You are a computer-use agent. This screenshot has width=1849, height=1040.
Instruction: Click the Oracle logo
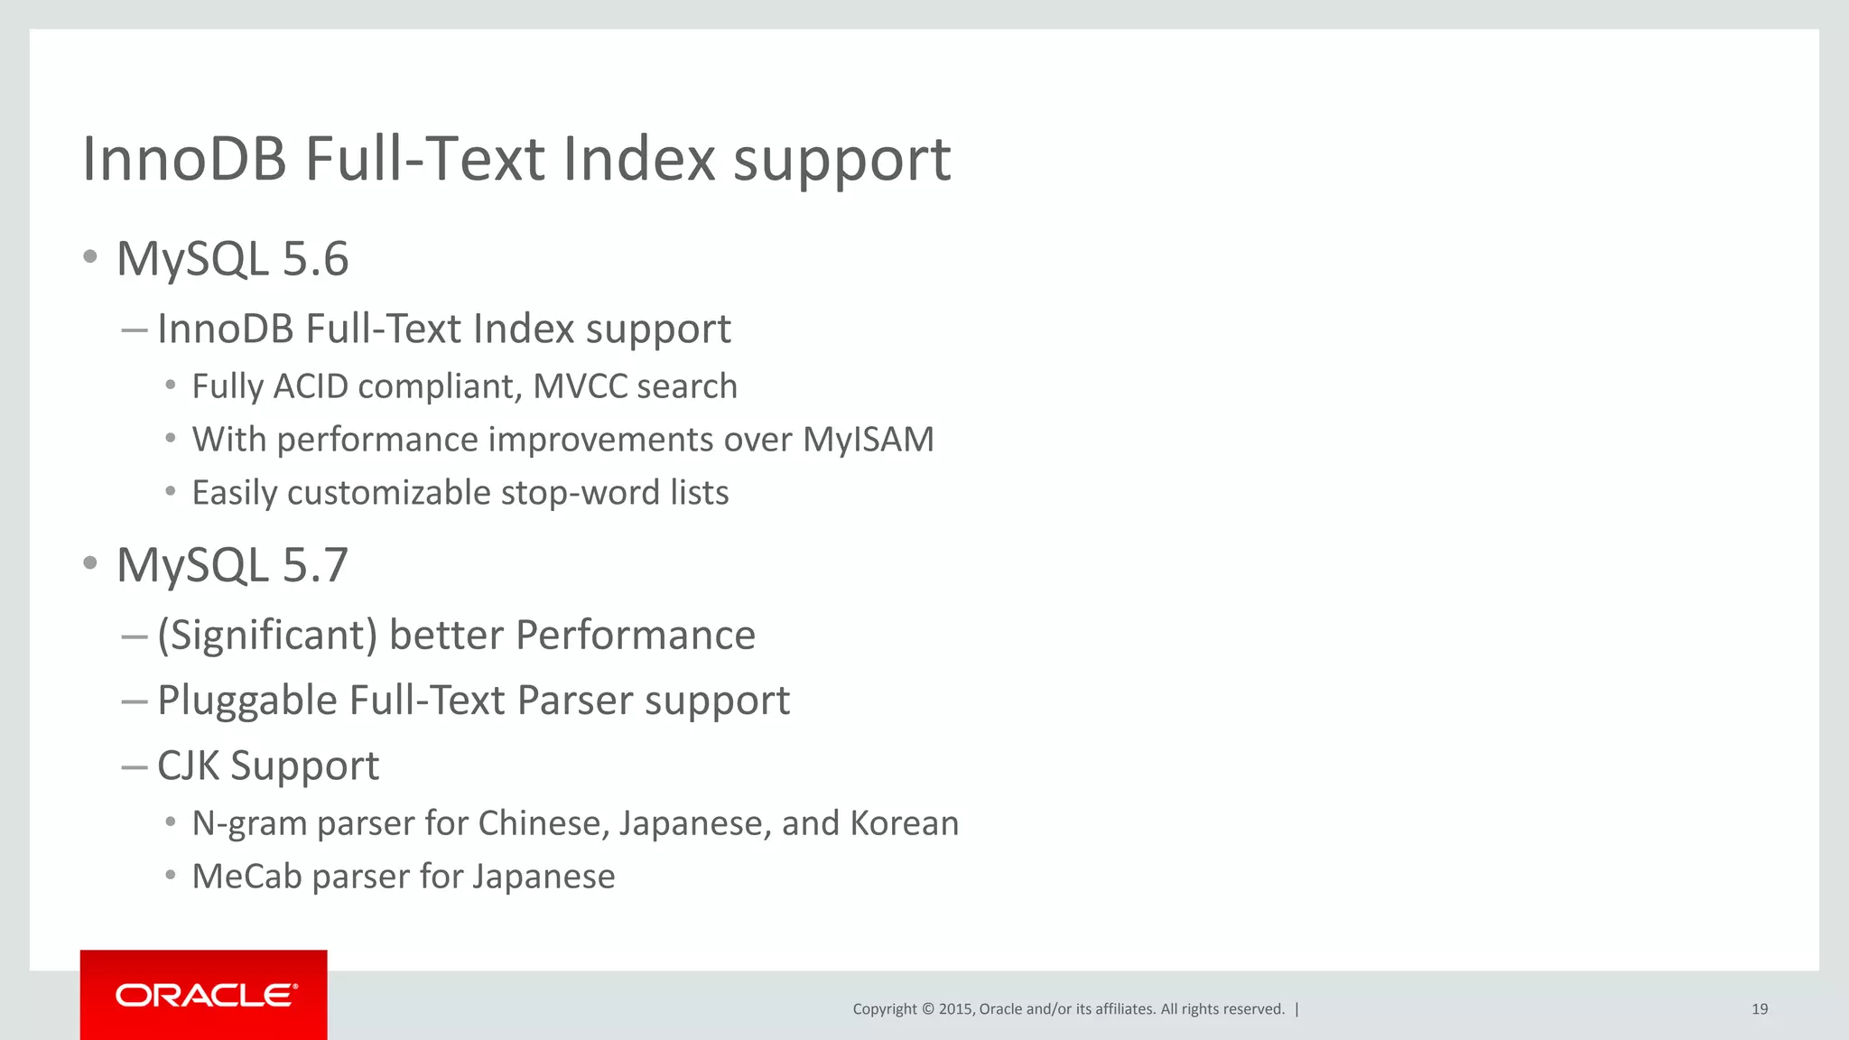tap(206, 995)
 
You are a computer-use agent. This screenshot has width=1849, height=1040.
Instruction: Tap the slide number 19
tap(1759, 1009)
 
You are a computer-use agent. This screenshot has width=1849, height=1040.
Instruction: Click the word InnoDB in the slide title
tap(184, 160)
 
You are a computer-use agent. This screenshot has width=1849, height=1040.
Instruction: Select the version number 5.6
tap(315, 259)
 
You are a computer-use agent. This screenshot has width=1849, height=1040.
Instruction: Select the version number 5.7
tap(315, 565)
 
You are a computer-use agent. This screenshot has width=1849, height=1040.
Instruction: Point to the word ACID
tap(311, 386)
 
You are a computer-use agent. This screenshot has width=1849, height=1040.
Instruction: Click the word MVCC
tap(580, 386)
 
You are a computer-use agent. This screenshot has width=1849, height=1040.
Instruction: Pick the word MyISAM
tap(868, 440)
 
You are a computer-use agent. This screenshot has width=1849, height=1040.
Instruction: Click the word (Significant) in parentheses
tap(267, 635)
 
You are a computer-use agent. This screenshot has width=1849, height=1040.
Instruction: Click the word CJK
tap(189, 766)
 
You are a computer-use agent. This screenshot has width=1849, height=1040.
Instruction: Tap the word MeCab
tap(246, 877)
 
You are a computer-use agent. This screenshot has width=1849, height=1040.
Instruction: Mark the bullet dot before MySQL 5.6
tap(89, 257)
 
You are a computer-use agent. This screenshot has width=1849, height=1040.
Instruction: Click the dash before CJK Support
tap(134, 766)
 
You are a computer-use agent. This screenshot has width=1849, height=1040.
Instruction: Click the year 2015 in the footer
tap(955, 1009)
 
